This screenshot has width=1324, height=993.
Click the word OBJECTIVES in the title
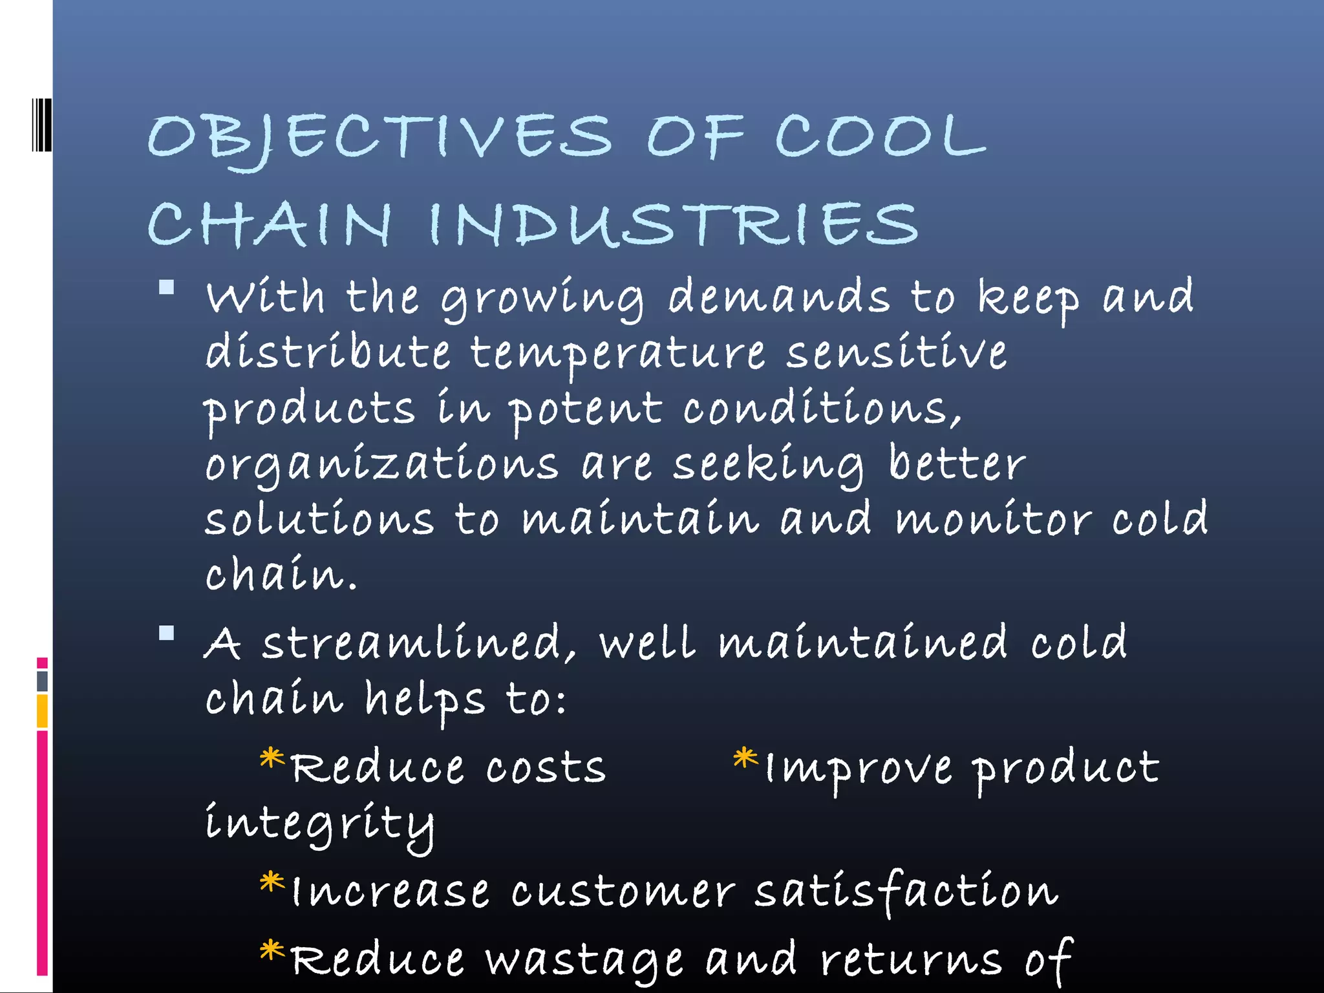pyautogui.click(x=379, y=138)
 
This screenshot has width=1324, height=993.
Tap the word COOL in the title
pyautogui.click(x=880, y=136)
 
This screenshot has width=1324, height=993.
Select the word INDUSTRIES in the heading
pyautogui.click(x=673, y=224)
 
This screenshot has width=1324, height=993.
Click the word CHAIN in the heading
pyautogui.click(x=270, y=224)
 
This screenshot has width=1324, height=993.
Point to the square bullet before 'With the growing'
pyautogui.click(x=167, y=287)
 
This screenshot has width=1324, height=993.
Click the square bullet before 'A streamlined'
pyautogui.click(x=167, y=633)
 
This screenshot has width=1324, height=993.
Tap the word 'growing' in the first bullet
pyautogui.click(x=542, y=299)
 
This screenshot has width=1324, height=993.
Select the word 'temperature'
pyautogui.click(x=617, y=354)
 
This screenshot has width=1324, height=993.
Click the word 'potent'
pyautogui.click(x=586, y=410)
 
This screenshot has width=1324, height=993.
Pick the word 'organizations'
pyautogui.click(x=381, y=465)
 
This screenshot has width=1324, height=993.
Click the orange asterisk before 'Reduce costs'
pyautogui.click(x=272, y=758)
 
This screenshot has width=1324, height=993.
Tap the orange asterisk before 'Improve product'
pyautogui.click(x=745, y=758)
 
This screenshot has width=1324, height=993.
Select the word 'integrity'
pyautogui.click(x=319, y=824)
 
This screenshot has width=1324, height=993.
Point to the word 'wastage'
pyautogui.click(x=584, y=960)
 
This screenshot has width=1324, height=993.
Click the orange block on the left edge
pyautogui.click(x=42, y=710)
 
